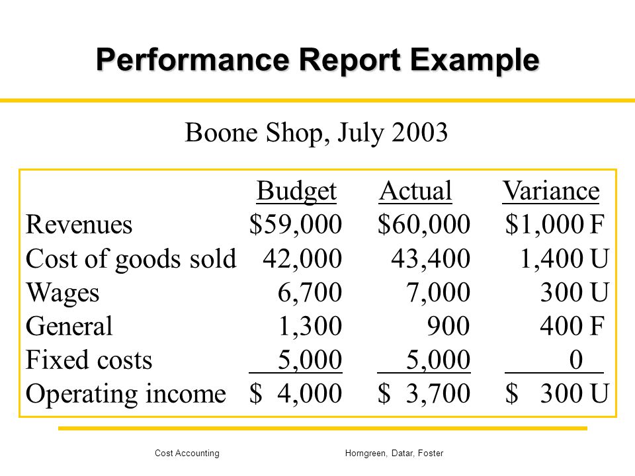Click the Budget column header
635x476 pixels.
pos(296,190)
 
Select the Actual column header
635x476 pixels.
pos(415,190)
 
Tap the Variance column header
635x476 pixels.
pos(551,190)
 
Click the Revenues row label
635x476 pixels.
pos(79,225)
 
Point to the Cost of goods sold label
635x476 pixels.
pos(131,258)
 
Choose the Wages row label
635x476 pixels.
pos(62,293)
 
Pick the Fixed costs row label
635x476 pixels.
pos(89,360)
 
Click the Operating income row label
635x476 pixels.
pos(126,394)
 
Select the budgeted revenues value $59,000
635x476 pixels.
pos(296,224)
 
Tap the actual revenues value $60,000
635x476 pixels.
pos(424,224)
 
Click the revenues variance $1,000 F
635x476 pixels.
pos(555,224)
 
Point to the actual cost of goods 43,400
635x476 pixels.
pos(431,258)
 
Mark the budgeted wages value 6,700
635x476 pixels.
pos(310,292)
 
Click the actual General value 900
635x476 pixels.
pos(448,326)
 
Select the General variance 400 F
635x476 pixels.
pos(572,326)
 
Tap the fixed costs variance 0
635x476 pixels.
pos(576,360)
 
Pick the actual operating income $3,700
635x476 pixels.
pos(424,393)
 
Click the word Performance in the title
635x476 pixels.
pos(192,60)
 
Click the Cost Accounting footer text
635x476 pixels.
pos(187,454)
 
